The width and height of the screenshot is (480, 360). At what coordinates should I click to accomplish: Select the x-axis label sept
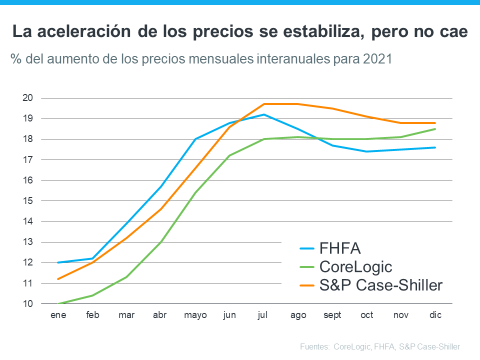[332, 315]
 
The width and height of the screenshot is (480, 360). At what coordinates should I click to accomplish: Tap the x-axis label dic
[435, 315]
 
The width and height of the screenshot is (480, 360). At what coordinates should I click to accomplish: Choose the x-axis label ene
[58, 315]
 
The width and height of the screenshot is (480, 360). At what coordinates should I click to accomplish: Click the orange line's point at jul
[263, 104]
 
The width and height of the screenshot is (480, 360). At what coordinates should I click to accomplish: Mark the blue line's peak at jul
[263, 114]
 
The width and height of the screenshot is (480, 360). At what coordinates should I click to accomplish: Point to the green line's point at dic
[435, 129]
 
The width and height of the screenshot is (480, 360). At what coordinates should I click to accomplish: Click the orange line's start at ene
[58, 279]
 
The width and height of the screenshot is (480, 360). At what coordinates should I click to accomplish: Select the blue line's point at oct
[367, 151]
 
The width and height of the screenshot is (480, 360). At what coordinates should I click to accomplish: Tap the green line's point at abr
[160, 242]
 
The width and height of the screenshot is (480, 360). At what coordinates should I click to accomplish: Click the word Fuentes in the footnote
[314, 346]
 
